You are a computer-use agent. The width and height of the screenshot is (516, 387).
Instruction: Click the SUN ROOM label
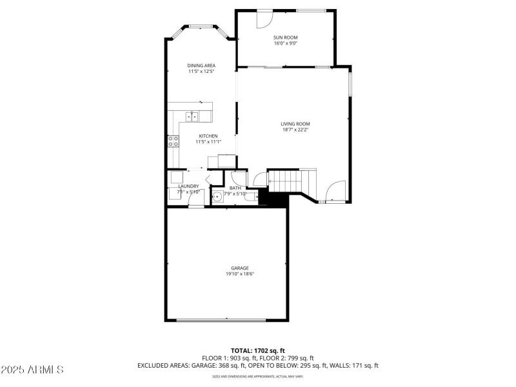tap(285, 37)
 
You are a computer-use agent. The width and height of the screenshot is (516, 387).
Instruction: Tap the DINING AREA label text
tap(201, 65)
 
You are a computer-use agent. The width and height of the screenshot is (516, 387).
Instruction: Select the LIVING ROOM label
tap(295, 124)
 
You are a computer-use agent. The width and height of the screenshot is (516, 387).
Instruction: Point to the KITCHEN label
tap(208, 135)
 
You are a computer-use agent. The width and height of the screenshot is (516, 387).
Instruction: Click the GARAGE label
tap(240, 268)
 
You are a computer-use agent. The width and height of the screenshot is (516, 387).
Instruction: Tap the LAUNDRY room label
tap(189, 186)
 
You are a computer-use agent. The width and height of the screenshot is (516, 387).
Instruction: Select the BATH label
tap(235, 188)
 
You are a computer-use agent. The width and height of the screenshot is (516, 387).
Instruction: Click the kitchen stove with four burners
tap(174, 141)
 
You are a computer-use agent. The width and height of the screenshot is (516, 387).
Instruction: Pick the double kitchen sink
tap(192, 116)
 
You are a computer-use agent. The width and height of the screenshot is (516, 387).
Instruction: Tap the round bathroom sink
tap(219, 197)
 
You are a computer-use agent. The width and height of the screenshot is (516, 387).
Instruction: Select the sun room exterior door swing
tap(264, 19)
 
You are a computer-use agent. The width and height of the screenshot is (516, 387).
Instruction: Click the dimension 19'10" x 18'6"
tap(240, 274)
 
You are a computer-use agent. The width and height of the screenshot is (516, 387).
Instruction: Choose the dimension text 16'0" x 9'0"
tap(285, 44)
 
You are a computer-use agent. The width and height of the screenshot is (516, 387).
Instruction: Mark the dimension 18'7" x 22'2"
tap(295, 130)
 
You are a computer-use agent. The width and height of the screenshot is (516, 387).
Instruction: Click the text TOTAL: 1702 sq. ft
tap(258, 350)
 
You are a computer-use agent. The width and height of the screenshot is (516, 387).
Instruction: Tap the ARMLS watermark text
tap(32, 370)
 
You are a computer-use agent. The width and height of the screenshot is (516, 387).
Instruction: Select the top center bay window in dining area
tap(201, 26)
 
